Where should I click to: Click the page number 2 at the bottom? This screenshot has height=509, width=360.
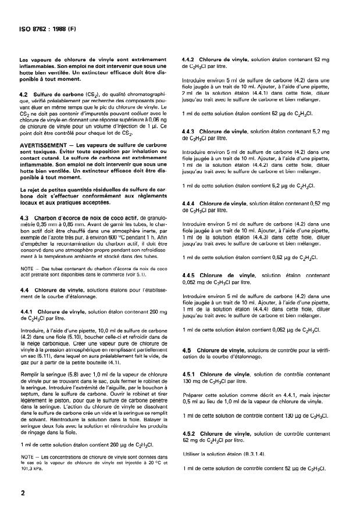coord(22,493)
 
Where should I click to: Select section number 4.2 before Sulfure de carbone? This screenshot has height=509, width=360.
coord(24,94)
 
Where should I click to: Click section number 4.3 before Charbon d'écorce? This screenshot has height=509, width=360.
coord(24,218)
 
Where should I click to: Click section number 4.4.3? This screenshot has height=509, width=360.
coord(189,132)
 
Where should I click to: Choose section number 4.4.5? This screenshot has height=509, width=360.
coord(189,274)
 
